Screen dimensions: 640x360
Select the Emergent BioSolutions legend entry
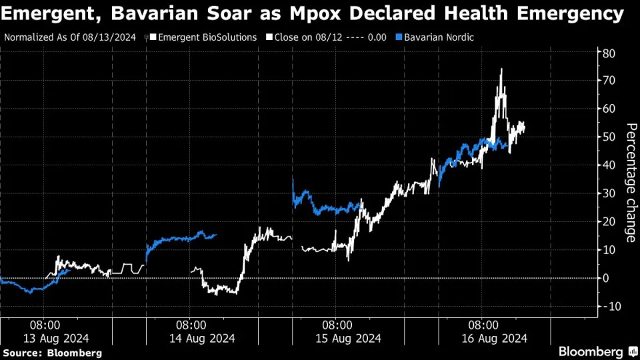pyautogui.click(x=203, y=37)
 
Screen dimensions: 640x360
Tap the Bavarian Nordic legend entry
pyautogui.click(x=435, y=37)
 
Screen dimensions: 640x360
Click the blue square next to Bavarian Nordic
pyautogui.click(x=399, y=37)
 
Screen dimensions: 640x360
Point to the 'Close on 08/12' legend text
pyautogui.click(x=308, y=37)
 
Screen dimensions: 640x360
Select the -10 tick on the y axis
pyautogui.click(x=608, y=307)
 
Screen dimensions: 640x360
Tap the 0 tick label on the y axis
pyautogui.click(x=606, y=279)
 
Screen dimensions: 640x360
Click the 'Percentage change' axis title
pyautogui.click(x=631, y=183)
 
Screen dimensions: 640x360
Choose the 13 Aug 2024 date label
pyautogui.click(x=56, y=339)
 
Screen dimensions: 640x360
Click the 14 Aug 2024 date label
pyautogui.click(x=202, y=339)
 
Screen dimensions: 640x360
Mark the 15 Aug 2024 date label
pyautogui.click(x=348, y=339)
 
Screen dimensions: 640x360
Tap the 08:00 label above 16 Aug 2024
pyautogui.click(x=483, y=325)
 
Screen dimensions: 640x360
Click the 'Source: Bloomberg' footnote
pyautogui.click(x=52, y=353)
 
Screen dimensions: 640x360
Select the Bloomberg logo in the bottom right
pyautogui.click(x=599, y=351)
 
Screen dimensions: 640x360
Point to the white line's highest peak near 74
pyautogui.click(x=501, y=69)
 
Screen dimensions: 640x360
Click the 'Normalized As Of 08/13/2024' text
pyautogui.click(x=70, y=37)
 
